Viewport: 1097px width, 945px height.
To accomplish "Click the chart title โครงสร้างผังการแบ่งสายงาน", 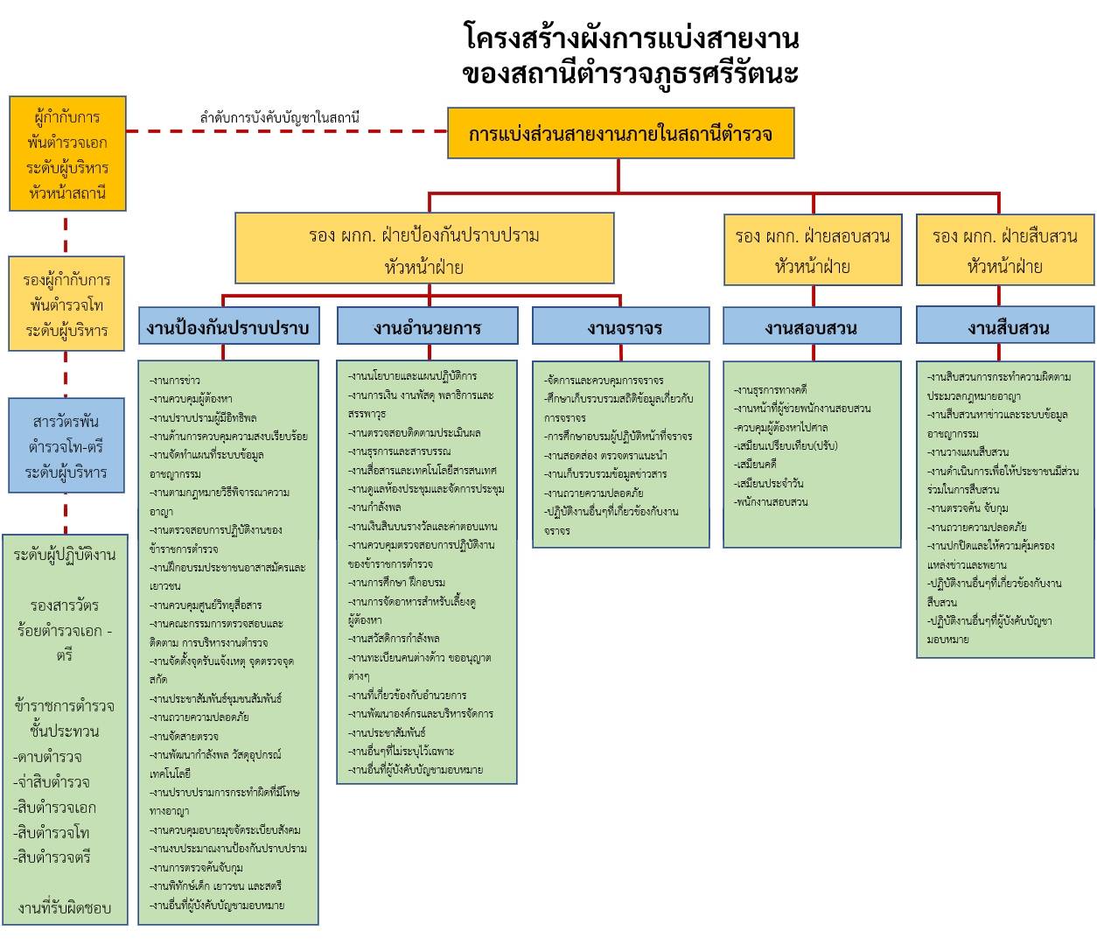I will [630, 38].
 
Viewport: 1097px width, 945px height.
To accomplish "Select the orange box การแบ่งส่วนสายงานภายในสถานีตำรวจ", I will [620, 135].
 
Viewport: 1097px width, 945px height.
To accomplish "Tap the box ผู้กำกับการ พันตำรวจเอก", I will [67, 154].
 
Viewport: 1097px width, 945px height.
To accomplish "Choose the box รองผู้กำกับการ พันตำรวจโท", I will [67, 304].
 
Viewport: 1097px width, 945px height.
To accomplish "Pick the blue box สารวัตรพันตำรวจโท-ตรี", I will [67, 447].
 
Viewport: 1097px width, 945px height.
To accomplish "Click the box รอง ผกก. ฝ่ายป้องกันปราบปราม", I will [424, 250].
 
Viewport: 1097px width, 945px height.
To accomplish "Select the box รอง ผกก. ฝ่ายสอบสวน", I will [812, 250].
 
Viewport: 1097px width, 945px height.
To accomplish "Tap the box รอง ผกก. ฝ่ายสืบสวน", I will [1004, 250].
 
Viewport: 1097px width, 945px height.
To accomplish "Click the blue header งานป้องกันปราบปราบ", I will [227, 328].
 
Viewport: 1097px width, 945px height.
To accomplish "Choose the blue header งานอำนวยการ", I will [427, 328].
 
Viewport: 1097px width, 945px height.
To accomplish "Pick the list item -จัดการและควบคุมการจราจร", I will [604, 380].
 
